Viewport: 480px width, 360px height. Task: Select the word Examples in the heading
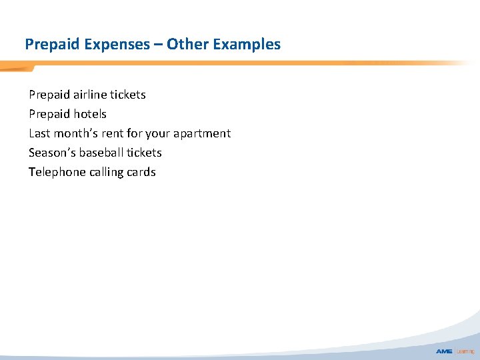245,45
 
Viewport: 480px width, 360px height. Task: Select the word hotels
90,114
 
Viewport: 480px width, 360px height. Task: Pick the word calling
108,172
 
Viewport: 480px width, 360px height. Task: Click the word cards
142,172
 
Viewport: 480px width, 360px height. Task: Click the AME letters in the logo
444,351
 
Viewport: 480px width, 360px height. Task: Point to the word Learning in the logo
465,351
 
